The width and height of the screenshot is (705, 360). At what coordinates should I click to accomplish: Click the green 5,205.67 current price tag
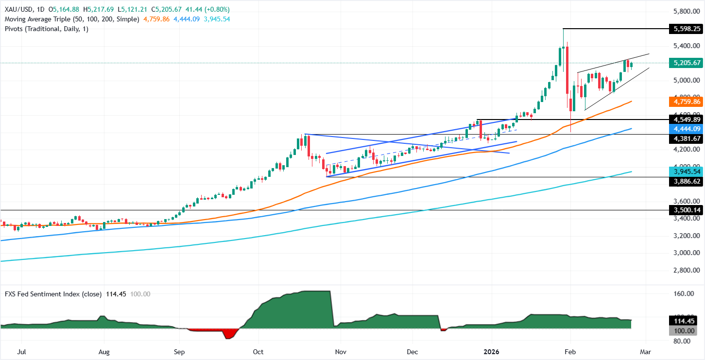click(x=685, y=63)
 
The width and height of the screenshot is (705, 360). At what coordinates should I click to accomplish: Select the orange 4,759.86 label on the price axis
click(x=685, y=102)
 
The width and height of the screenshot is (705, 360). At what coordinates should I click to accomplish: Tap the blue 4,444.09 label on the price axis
click(x=685, y=129)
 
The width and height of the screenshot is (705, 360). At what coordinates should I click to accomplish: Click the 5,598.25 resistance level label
click(x=685, y=29)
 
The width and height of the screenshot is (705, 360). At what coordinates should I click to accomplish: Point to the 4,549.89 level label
click(x=685, y=120)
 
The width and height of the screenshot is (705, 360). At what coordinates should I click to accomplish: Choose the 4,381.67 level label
click(x=685, y=138)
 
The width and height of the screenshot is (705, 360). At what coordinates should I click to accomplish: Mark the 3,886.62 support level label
click(x=685, y=181)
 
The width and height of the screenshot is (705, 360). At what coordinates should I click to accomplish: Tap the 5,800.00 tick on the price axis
click(x=686, y=11)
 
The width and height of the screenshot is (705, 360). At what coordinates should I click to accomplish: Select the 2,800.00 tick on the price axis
click(x=686, y=270)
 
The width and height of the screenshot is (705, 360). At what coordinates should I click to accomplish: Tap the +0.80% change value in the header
click(x=218, y=9)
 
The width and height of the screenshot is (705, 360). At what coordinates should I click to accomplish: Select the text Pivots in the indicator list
click(x=14, y=29)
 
